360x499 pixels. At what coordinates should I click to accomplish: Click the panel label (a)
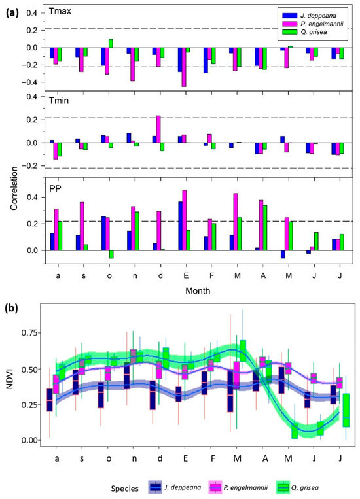point(12,11)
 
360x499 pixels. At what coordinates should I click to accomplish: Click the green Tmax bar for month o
point(111,43)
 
